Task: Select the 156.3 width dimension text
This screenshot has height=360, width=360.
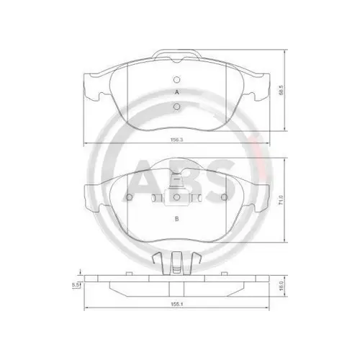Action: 174,141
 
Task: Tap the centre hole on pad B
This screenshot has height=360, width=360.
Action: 177,197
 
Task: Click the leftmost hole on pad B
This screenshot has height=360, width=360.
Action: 130,197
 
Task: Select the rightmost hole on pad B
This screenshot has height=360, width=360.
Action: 225,197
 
